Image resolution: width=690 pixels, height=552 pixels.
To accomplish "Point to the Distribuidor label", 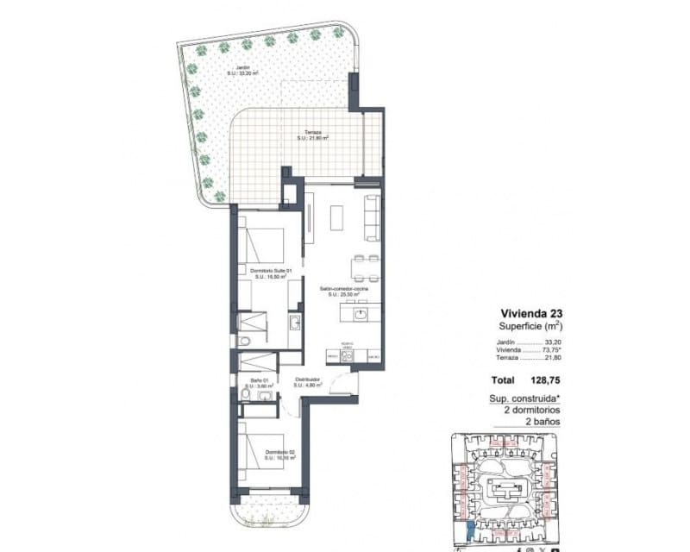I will (307, 382).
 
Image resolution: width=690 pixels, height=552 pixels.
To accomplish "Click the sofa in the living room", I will (373, 218).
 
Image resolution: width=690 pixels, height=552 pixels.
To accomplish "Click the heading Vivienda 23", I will (531, 314).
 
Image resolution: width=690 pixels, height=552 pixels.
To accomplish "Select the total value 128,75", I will (543, 379).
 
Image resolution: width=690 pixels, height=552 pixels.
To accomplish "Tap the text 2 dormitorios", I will (526, 411).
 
